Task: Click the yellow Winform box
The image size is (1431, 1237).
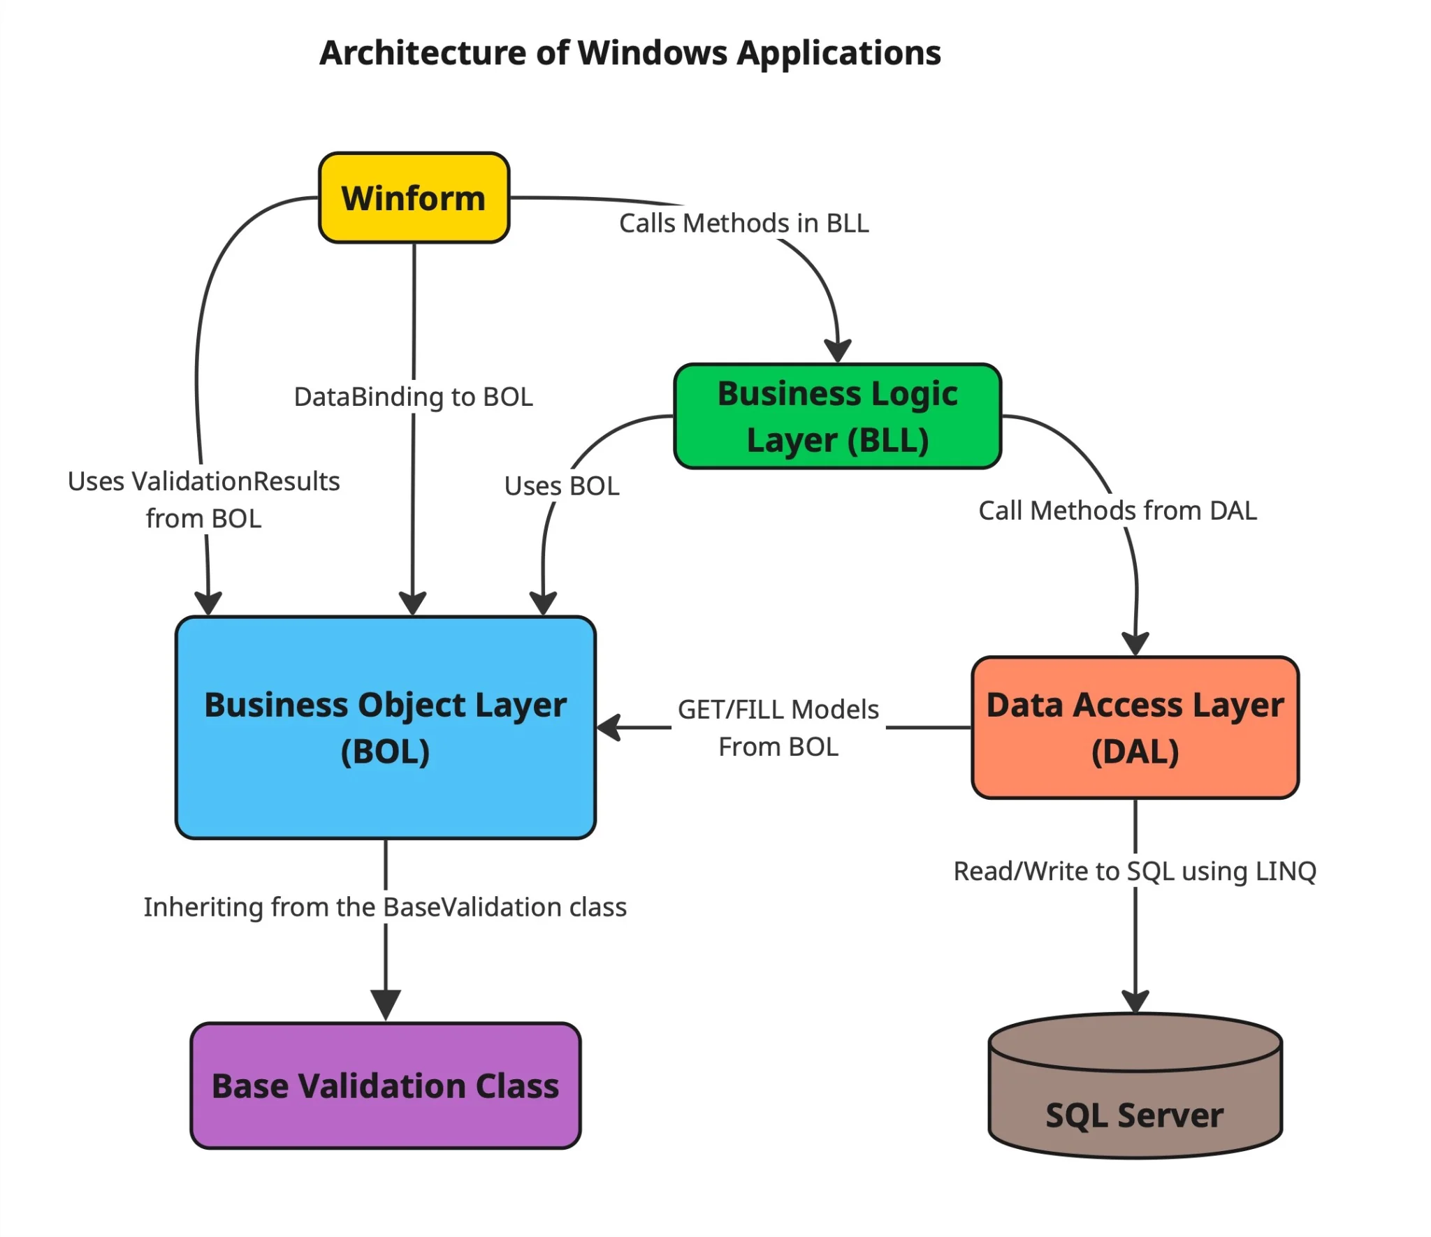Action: coord(414,198)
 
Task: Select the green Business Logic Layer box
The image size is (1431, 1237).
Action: coord(837,416)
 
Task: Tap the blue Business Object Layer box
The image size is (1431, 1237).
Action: coord(385,727)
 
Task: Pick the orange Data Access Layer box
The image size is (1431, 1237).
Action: coord(1135,727)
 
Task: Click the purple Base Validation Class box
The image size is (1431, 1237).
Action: coord(385,1085)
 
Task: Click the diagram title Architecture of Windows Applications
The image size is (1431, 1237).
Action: coord(630,53)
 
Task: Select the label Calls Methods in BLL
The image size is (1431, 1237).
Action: coord(743,224)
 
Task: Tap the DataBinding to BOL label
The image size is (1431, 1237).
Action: coord(413,397)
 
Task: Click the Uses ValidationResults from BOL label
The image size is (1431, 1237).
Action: coord(203,499)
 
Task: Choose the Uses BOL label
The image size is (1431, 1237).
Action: coord(562,485)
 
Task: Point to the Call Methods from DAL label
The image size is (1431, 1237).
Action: coord(1117,511)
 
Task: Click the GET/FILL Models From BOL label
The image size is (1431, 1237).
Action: coord(778,728)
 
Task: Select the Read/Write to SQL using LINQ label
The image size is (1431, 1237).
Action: coord(1135,871)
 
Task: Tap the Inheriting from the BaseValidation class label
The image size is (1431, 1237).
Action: coord(385,907)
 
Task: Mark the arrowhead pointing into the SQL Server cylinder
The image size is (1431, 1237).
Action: coord(1135,1000)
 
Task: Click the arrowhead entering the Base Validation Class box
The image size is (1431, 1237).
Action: coord(385,1004)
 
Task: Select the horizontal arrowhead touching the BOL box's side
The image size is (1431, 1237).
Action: coord(609,727)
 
